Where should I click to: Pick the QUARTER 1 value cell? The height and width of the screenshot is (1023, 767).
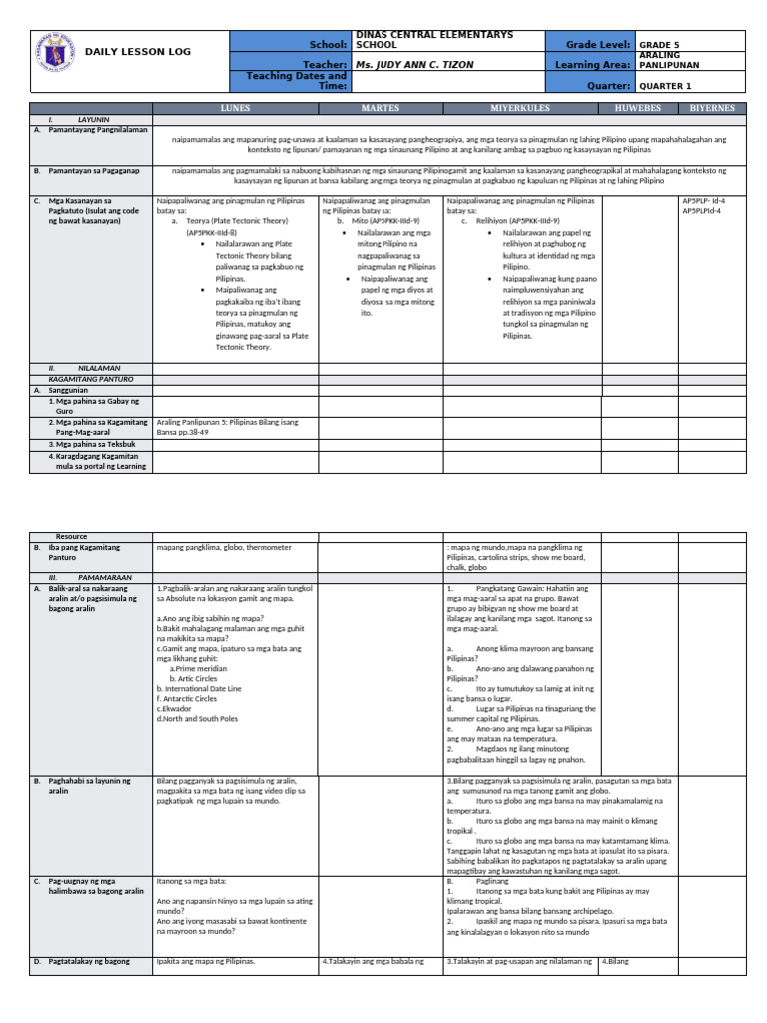click(665, 86)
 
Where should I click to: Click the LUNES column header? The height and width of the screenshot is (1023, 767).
click(235, 107)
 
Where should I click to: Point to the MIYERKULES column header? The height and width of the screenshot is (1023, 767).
click(522, 107)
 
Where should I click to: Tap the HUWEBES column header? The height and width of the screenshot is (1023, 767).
click(638, 107)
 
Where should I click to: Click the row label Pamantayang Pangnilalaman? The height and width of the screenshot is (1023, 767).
click(96, 130)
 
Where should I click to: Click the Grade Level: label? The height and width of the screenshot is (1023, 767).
click(598, 45)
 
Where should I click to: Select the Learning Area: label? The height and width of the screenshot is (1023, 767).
click(590, 64)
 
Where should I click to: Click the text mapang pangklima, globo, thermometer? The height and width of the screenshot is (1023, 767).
click(224, 547)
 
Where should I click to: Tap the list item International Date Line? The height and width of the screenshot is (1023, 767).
click(199, 689)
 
